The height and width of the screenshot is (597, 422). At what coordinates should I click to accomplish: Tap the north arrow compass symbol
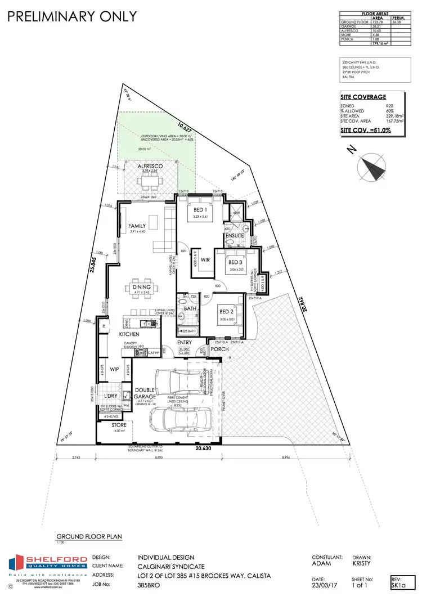click(x=372, y=167)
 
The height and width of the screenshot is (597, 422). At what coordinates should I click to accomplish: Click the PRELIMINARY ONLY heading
click(x=71, y=16)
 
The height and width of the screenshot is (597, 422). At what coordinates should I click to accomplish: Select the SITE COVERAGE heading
click(x=363, y=97)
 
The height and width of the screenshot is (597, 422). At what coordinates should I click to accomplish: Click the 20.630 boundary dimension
click(x=206, y=449)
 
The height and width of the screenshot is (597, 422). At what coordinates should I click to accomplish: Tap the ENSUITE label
click(x=234, y=236)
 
